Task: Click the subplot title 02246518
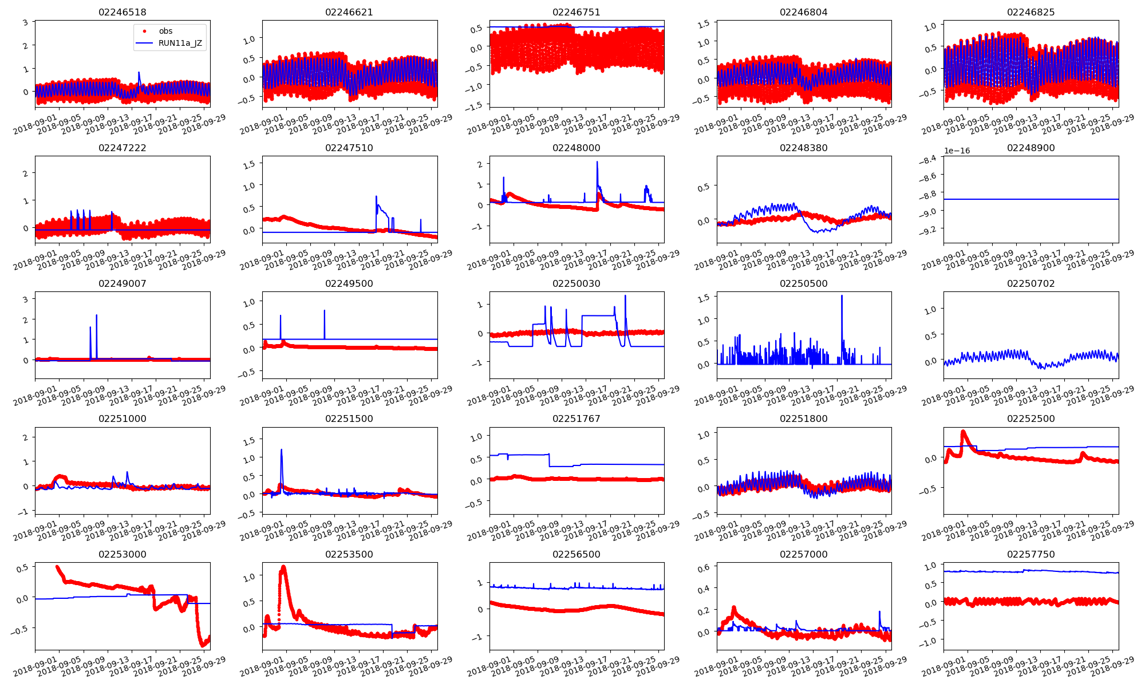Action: pyautogui.click(x=122, y=12)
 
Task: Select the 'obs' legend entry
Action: pyautogui.click(x=165, y=31)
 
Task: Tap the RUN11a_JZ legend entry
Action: pyautogui.click(x=180, y=43)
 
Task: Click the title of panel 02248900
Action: pyautogui.click(x=1030, y=148)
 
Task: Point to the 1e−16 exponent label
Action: pyautogui.click(x=957, y=151)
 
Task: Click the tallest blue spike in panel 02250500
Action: pyautogui.click(x=842, y=296)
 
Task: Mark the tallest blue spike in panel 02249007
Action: pyautogui.click(x=96, y=315)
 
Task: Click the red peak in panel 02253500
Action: pyautogui.click(x=283, y=567)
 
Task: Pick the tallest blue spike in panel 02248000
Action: pyautogui.click(x=597, y=162)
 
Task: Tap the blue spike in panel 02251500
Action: pyautogui.click(x=281, y=450)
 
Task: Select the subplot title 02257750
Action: pyautogui.click(x=1030, y=554)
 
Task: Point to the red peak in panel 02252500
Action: pyautogui.click(x=963, y=432)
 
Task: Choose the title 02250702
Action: pyautogui.click(x=1030, y=283)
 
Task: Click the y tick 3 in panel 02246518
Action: pyautogui.click(x=25, y=23)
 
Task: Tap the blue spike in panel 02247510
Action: pyautogui.click(x=376, y=197)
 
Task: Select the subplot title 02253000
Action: pyautogui.click(x=122, y=554)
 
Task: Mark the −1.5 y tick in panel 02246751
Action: pyautogui.click(x=476, y=104)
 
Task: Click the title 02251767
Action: pyautogui.click(x=576, y=418)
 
